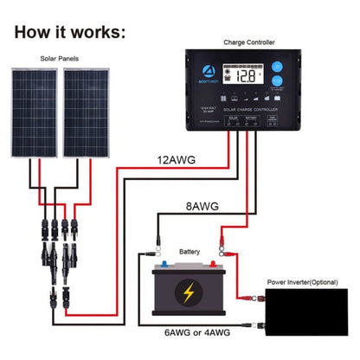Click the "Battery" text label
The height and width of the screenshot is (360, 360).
tap(189, 252)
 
